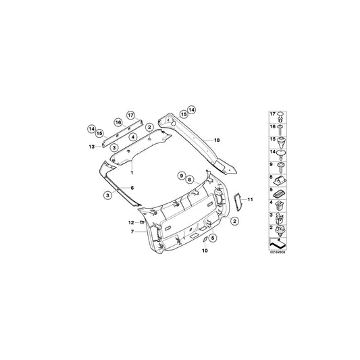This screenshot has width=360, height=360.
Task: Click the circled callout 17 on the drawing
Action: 131,115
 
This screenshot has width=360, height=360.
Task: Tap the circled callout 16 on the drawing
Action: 118,122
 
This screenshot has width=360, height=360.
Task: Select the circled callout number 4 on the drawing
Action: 133,137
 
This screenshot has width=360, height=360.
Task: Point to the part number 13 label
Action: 92,146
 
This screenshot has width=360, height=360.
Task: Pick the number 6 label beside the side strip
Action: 132,187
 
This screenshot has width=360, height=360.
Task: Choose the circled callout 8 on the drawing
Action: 190,180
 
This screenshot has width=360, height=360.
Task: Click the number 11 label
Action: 249,199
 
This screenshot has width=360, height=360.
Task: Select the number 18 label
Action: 217,139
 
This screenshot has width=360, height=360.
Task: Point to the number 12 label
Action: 132,222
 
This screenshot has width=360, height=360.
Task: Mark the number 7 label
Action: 133,232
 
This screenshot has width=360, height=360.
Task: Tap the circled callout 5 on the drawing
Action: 211,238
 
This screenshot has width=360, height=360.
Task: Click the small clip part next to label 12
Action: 142,222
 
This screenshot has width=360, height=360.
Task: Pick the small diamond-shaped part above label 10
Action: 202,238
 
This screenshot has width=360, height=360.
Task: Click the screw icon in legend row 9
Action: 280,166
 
